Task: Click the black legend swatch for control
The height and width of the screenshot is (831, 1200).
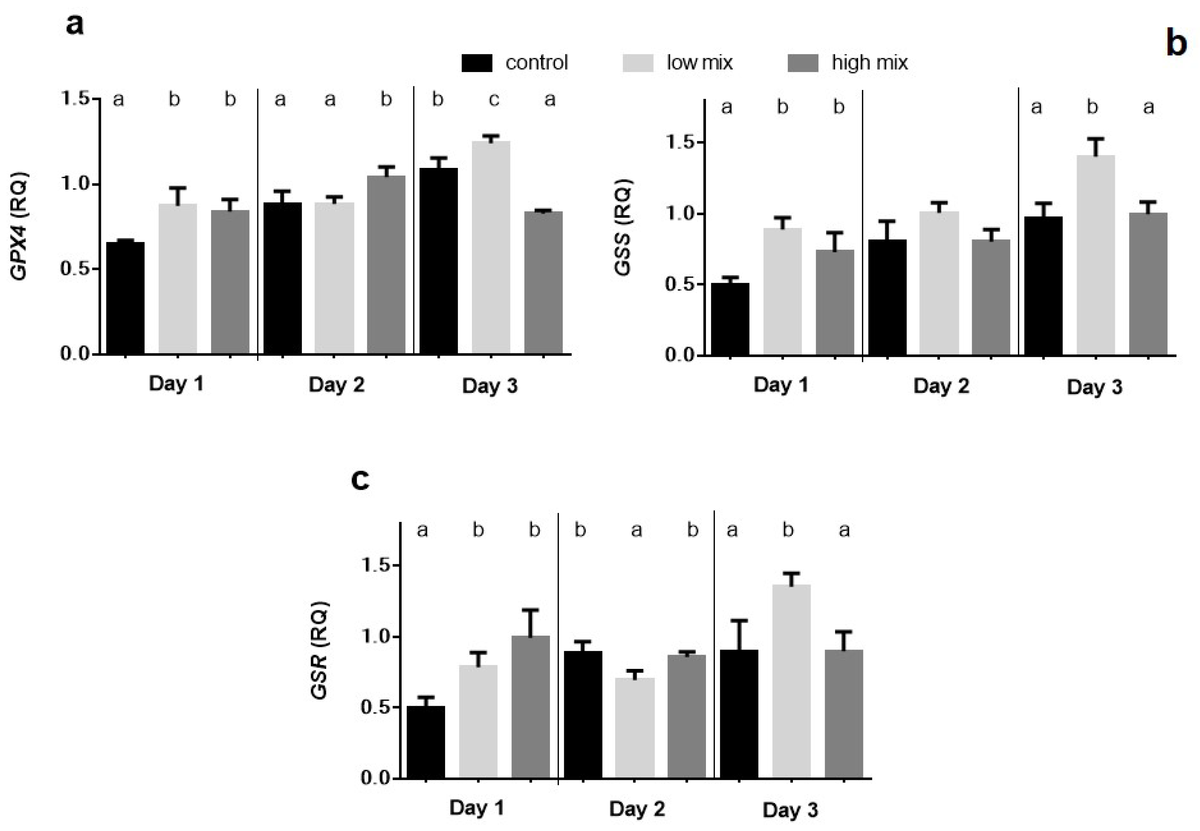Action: coord(476,63)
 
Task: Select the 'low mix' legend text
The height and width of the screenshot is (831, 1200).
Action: coord(699,63)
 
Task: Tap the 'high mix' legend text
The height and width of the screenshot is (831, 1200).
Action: coord(869,63)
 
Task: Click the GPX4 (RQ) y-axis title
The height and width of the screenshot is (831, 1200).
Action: coord(20,226)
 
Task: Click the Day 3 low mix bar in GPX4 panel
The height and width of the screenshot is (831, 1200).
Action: coord(491,247)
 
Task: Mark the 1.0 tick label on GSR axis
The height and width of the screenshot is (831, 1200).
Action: coord(375,637)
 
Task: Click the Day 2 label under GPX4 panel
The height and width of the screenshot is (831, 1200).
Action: coord(336,385)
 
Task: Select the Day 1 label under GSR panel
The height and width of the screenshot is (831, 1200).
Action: coord(476,808)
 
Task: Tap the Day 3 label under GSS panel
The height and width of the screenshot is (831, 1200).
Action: coord(1094,387)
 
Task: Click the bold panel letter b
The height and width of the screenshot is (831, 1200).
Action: coord(1176,44)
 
